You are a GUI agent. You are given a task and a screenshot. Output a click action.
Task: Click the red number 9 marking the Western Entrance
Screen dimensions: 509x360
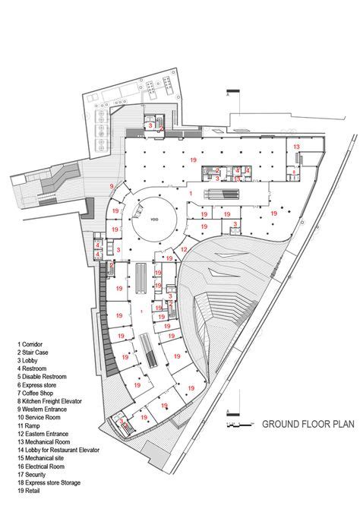112,186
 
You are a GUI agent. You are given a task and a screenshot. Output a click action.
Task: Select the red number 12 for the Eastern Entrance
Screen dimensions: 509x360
185,249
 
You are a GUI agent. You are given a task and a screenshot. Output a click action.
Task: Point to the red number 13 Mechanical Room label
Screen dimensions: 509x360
297,145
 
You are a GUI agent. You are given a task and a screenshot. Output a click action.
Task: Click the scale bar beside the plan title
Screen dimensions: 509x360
241,423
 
